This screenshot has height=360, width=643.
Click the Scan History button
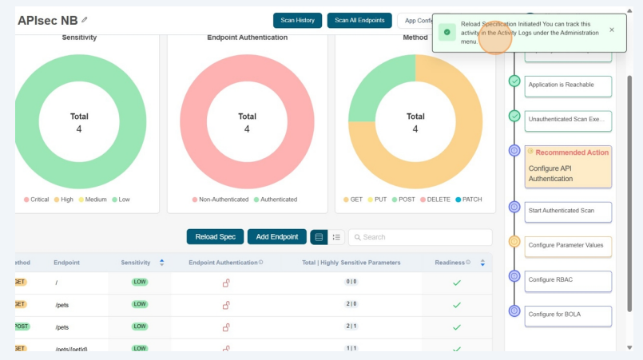(297, 20)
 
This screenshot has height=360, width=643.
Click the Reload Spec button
(215, 237)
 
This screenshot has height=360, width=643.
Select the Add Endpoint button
(276, 237)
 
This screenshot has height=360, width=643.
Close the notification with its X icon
(612, 30)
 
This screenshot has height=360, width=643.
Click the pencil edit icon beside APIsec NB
(85, 20)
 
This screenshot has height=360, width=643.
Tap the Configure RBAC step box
(568, 280)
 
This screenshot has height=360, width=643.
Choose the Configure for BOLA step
(568, 315)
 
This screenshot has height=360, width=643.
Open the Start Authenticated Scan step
(568, 211)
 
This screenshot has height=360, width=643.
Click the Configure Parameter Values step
(568, 245)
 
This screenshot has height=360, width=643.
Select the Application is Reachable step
(568, 85)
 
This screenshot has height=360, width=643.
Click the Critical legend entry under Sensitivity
(38, 200)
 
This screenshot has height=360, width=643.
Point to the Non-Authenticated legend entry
(220, 200)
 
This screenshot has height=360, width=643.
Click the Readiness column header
(452, 262)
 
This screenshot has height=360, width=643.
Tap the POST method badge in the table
(21, 326)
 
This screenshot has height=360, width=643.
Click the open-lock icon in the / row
(226, 283)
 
